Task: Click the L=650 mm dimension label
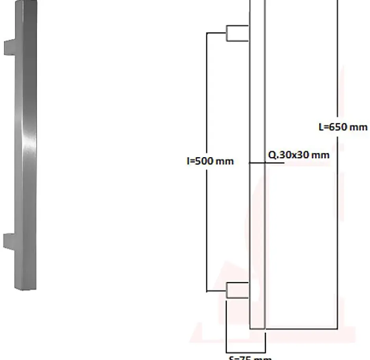click(343, 127)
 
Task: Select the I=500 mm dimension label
click(210, 161)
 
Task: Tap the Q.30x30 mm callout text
click(298, 155)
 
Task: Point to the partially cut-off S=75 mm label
click(250, 358)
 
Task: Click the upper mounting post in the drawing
click(237, 33)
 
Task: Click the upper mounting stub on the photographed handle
click(9, 47)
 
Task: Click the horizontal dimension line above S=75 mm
click(246, 352)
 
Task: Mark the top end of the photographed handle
click(28, 3)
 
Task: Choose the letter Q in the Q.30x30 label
click(272, 155)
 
